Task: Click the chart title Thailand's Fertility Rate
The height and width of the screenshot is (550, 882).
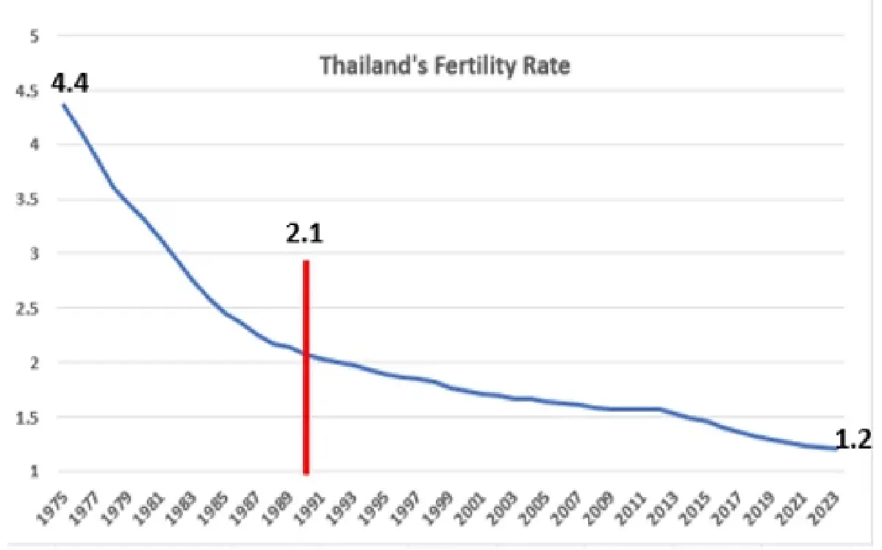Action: (x=445, y=66)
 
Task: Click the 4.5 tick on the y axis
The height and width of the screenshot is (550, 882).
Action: (x=28, y=90)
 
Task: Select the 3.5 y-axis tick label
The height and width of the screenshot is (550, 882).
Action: (x=28, y=199)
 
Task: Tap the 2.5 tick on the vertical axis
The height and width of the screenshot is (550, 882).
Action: (x=28, y=308)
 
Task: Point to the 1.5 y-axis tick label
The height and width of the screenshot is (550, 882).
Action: (x=28, y=417)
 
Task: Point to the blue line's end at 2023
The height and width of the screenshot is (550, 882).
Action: (x=836, y=449)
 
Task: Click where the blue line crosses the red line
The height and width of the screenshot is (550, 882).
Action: (x=306, y=356)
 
